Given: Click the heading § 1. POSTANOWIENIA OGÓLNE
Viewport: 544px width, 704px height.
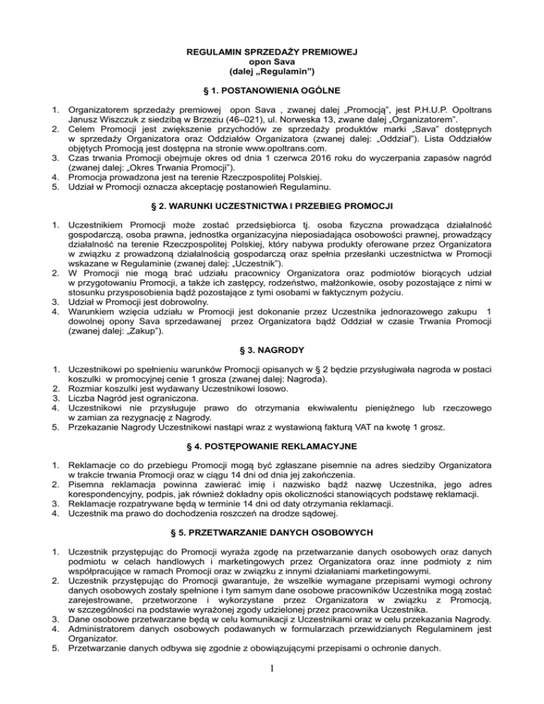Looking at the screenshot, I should [271, 91].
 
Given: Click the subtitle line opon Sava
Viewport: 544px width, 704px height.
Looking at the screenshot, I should [271, 62].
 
